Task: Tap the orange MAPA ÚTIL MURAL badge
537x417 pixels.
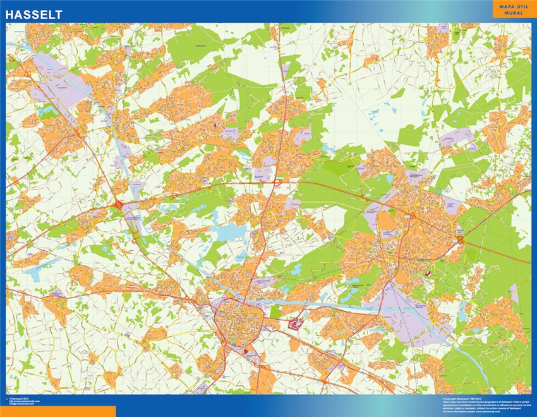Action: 513,9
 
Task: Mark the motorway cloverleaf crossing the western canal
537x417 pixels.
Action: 118,205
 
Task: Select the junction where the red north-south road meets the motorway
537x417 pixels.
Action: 277,183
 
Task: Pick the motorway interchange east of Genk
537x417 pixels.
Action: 462,239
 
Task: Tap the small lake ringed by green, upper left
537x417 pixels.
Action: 48,112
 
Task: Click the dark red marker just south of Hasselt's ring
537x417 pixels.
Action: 244,349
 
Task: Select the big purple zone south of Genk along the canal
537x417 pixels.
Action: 411,310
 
